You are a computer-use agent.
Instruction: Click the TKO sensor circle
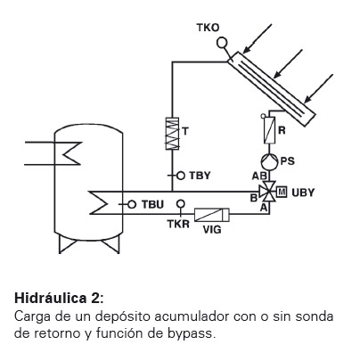(222, 43)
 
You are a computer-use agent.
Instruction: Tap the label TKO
(208, 28)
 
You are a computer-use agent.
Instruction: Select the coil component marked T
(172, 134)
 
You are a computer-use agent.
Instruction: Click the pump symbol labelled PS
(269, 160)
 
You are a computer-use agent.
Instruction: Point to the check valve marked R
(269, 130)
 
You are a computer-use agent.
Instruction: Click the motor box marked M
(282, 192)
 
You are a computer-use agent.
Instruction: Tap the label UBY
(303, 193)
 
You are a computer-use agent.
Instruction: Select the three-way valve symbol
(268, 192)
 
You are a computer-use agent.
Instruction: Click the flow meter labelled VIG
(212, 215)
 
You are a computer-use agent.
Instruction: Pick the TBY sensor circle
(181, 176)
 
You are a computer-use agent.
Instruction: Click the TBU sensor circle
(132, 204)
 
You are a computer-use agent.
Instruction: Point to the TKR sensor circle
(181, 204)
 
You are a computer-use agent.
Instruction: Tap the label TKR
(178, 224)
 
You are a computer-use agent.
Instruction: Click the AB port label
(259, 176)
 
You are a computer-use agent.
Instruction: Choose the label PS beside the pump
(288, 161)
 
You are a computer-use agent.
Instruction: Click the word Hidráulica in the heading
(51, 298)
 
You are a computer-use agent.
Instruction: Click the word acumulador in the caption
(192, 316)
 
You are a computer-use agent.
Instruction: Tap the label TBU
(152, 205)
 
